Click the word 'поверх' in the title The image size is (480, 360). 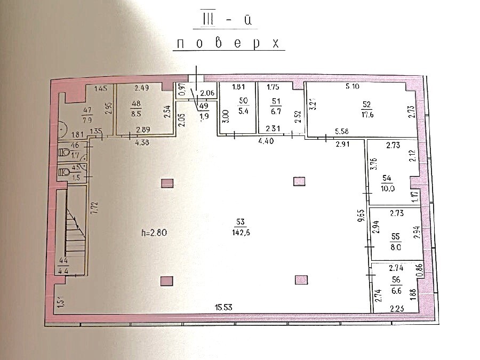click(229, 43)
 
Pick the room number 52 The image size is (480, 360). click(366, 104)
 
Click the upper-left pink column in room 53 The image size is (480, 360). click(167, 183)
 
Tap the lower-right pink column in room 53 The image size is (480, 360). click(301, 279)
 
